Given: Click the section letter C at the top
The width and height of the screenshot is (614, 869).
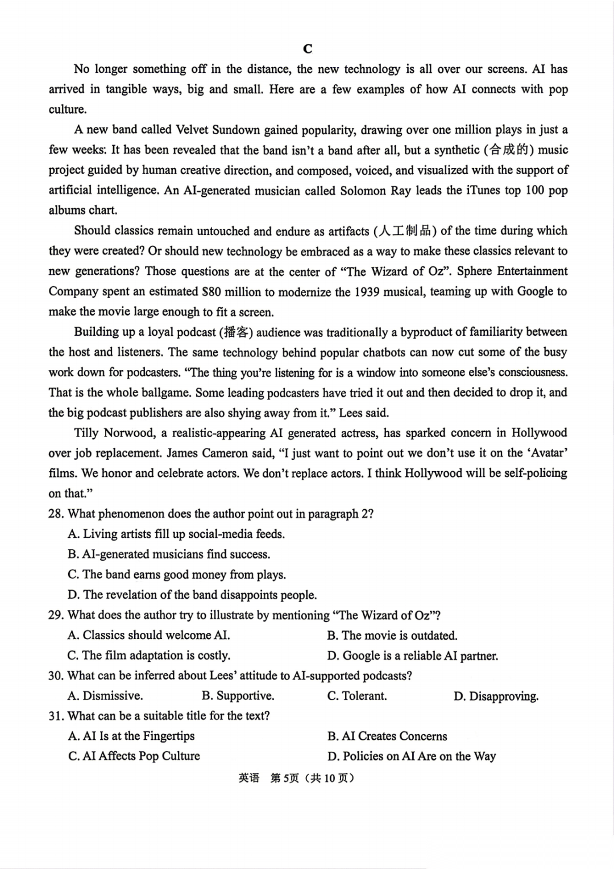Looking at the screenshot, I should (308, 49).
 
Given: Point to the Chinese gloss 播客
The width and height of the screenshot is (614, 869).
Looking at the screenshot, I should (234, 332).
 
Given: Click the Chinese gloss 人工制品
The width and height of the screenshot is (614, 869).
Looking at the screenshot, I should (405, 231).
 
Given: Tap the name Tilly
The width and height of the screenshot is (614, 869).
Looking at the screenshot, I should (86, 433).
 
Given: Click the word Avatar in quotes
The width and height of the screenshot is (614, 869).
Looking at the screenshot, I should (549, 454).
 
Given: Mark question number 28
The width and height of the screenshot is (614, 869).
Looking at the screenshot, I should (56, 514).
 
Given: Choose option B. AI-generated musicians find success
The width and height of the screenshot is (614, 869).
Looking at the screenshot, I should (169, 554).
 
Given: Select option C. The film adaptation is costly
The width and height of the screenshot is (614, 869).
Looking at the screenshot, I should (149, 656).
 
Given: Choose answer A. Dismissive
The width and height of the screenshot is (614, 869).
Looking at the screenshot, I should (105, 696).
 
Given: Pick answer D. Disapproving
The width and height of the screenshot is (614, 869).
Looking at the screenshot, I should (496, 696).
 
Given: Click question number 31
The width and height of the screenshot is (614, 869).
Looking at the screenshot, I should (56, 716).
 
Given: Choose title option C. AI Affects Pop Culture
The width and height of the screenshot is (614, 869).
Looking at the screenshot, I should (134, 756).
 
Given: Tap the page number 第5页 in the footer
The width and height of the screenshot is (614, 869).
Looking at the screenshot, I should (284, 778).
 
